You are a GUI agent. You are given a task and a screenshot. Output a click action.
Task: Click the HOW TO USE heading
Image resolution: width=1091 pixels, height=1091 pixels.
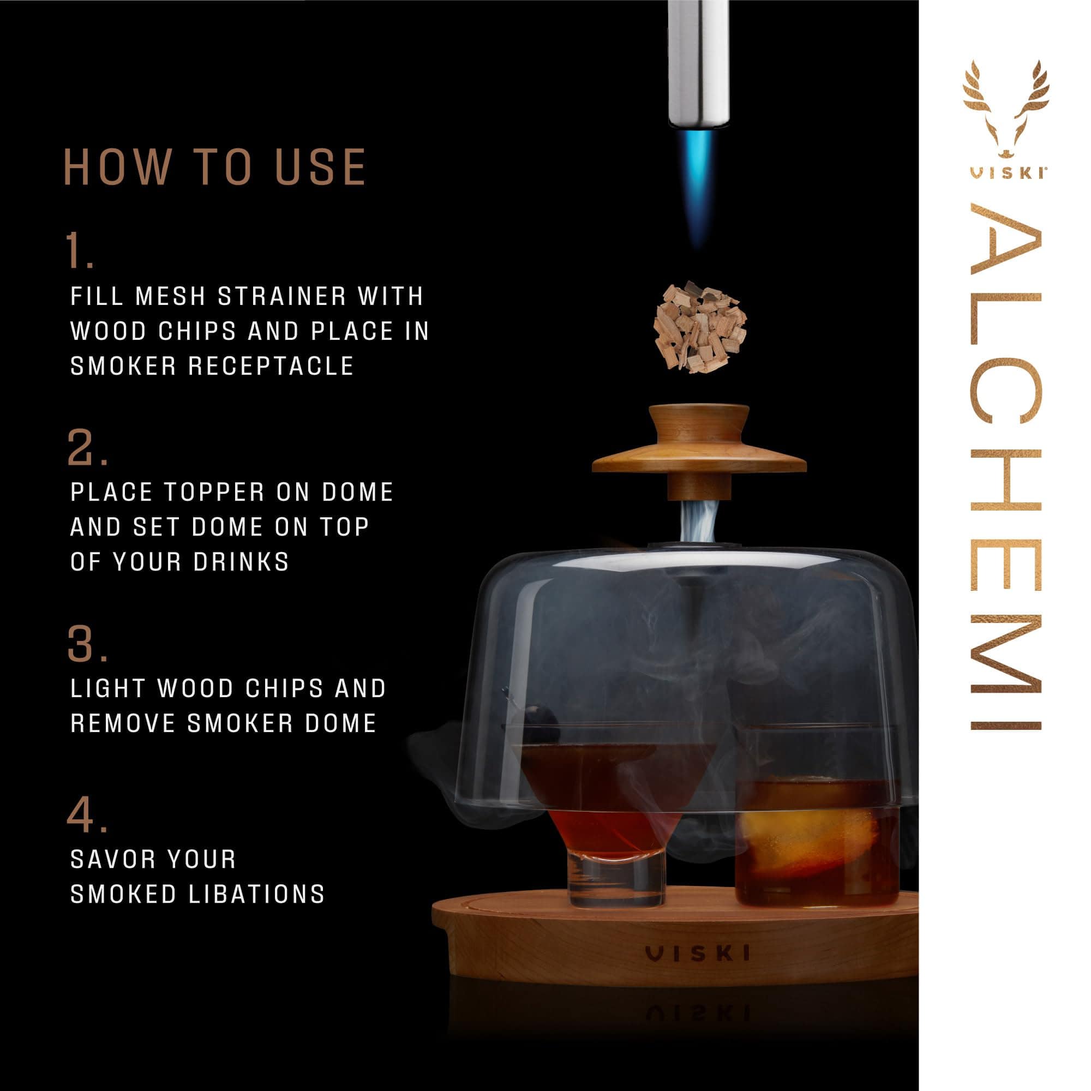click(x=215, y=167)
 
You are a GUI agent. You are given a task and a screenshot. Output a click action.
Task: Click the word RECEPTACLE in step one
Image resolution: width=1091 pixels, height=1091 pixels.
click(x=271, y=367)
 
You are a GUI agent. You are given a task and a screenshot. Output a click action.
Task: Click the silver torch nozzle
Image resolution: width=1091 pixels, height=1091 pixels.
click(x=699, y=62)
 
